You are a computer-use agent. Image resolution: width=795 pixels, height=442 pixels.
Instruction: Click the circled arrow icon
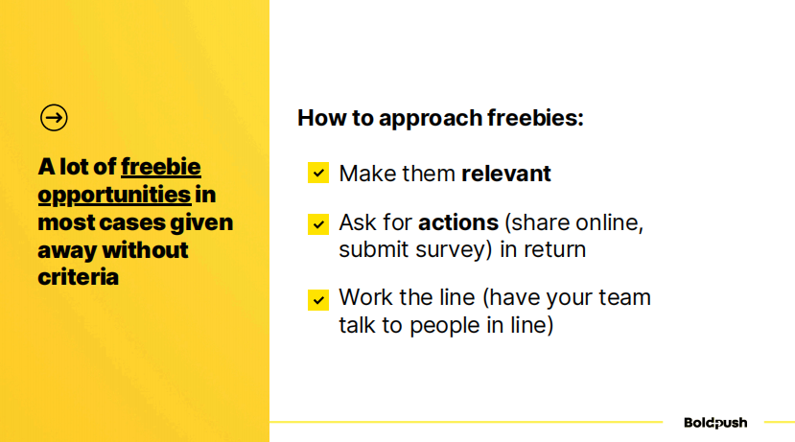click(54, 118)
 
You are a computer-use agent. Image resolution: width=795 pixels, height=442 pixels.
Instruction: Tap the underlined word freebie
click(161, 167)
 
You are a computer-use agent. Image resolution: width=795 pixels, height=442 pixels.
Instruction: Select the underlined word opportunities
click(114, 196)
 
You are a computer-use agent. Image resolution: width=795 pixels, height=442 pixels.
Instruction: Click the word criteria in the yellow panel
click(78, 277)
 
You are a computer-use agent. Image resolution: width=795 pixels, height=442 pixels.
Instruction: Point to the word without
click(145, 250)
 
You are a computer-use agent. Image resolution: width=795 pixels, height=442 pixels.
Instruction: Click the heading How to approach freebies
click(440, 118)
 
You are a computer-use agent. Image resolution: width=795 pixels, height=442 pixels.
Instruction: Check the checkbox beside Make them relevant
click(318, 173)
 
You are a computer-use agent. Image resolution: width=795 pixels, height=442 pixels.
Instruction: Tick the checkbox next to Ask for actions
click(318, 224)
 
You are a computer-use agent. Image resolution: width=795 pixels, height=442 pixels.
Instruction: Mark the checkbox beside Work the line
click(318, 299)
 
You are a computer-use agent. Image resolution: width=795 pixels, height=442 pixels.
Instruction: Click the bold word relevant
click(506, 174)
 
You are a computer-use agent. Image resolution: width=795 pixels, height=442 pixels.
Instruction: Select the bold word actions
click(458, 222)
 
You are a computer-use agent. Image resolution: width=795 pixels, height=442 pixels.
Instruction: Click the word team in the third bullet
click(624, 297)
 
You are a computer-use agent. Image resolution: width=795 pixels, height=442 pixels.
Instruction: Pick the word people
click(445, 326)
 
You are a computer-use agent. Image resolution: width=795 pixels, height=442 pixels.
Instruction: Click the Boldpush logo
click(715, 423)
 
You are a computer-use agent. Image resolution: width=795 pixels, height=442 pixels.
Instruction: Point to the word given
click(201, 223)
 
